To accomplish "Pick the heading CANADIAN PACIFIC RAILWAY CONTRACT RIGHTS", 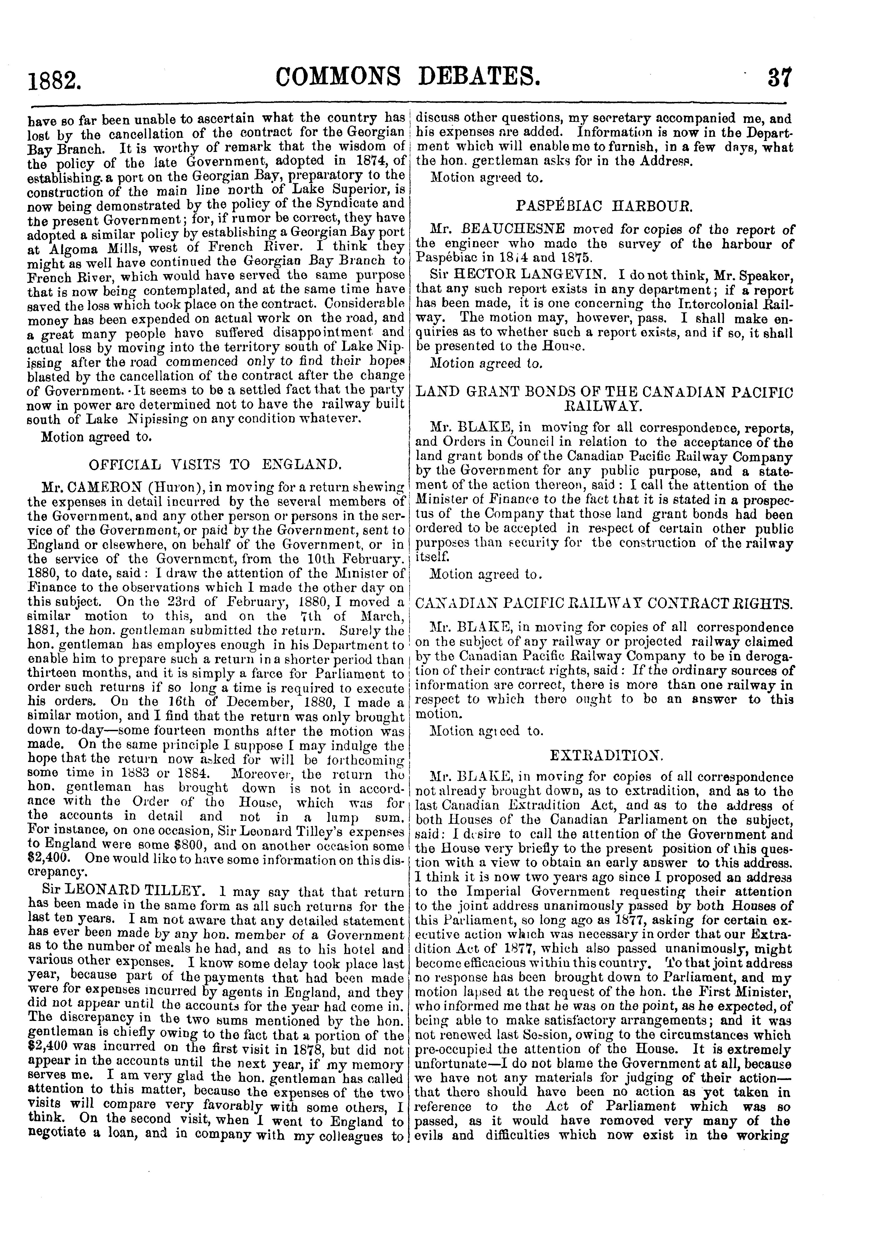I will (604, 603).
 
